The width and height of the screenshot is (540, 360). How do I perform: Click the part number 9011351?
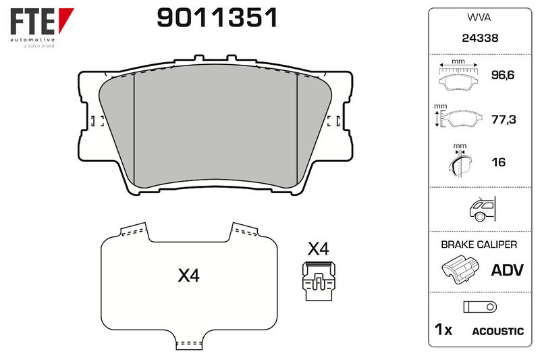(x=217, y=18)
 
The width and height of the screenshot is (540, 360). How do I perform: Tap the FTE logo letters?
(x=32, y=22)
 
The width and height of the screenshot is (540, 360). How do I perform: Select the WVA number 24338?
(x=480, y=38)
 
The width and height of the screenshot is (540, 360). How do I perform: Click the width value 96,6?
(x=502, y=75)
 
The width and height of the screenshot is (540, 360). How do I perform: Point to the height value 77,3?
(x=503, y=120)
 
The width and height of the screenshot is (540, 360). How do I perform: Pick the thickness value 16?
(x=498, y=162)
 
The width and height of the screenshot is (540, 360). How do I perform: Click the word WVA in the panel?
(x=479, y=18)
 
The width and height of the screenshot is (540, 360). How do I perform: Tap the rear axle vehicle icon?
(x=482, y=209)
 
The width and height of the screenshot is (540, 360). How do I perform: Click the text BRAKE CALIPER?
(x=479, y=245)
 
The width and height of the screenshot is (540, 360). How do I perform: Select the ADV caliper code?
(x=508, y=269)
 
